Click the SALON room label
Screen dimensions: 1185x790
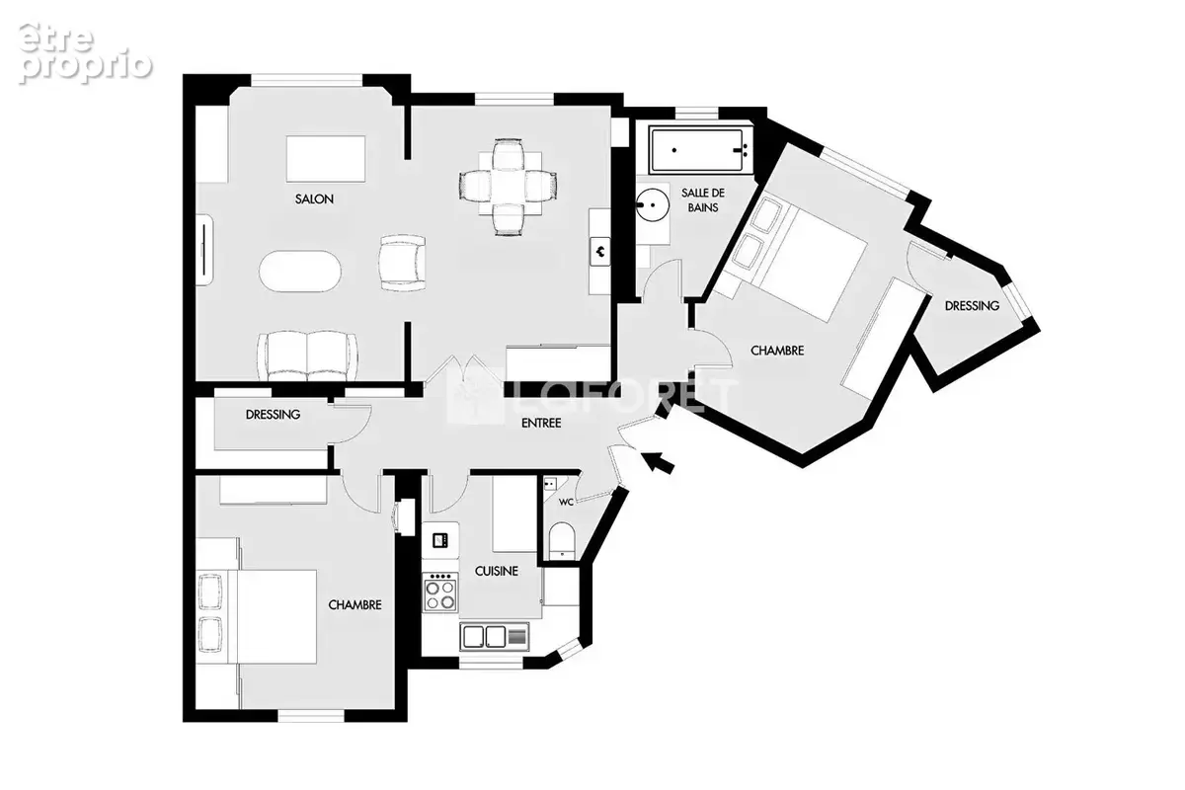(314, 199)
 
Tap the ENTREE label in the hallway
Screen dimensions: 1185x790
(541, 424)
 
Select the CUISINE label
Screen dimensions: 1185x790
(496, 572)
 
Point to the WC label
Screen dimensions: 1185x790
(566, 503)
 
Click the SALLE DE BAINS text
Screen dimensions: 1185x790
(703, 200)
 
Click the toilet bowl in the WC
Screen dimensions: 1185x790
(561, 540)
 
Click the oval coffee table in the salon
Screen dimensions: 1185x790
(300, 271)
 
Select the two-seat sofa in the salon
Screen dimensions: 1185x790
(307, 356)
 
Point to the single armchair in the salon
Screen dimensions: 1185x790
(403, 263)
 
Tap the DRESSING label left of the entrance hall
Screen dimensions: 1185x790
(273, 415)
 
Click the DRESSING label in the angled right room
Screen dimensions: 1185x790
(972, 306)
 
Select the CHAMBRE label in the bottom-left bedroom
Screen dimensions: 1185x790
(355, 604)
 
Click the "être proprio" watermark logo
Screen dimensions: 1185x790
(86, 53)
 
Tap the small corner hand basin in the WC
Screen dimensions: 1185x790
(551, 484)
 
